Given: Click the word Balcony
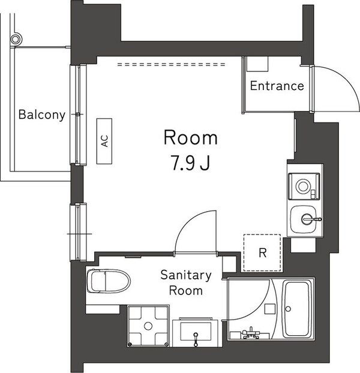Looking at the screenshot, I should pyautogui.click(x=41, y=115).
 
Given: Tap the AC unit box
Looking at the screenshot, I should pyautogui.click(x=104, y=141).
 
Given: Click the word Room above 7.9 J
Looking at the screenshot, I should pyautogui.click(x=190, y=138).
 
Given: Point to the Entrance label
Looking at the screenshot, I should pyautogui.click(x=277, y=86).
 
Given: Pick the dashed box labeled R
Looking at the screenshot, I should pyautogui.click(x=262, y=252).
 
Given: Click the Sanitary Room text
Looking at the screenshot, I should pyautogui.click(x=186, y=283).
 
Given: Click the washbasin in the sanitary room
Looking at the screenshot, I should pyautogui.click(x=197, y=332).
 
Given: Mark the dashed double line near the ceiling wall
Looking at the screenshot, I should pyautogui.click(x=171, y=64).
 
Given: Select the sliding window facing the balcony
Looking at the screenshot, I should pyautogui.click(x=79, y=114).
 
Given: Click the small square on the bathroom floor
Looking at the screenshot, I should pyautogui.click(x=270, y=308).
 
